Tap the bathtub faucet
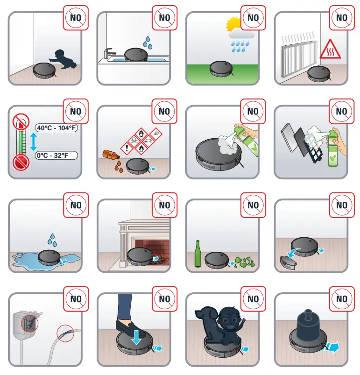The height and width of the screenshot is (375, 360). [x=109, y=53]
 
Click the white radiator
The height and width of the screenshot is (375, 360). [x=297, y=57]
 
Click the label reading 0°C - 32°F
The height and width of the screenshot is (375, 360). [x=56, y=155]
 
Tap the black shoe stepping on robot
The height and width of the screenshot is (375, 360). [x=132, y=326]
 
